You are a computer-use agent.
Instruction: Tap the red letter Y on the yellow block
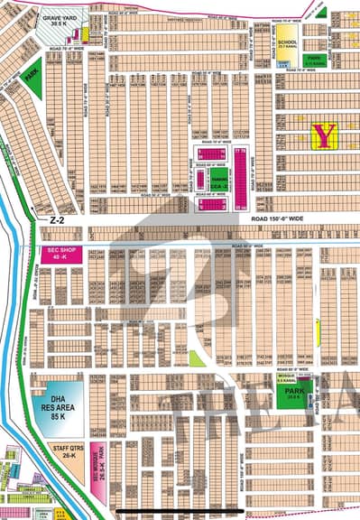323,135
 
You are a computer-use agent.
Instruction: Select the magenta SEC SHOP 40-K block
60,255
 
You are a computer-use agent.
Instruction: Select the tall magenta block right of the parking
241,172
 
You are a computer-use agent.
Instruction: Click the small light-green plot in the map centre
197,358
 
